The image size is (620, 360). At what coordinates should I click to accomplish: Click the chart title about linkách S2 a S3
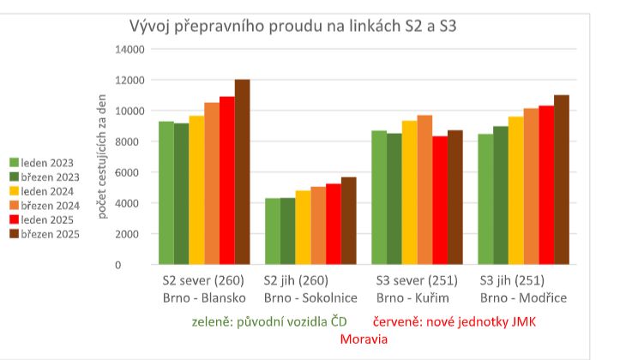[292, 25]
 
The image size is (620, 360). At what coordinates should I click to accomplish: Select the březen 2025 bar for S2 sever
[242, 171]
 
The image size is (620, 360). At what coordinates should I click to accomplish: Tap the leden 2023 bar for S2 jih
[272, 231]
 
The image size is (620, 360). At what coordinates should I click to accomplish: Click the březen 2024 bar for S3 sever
[424, 189]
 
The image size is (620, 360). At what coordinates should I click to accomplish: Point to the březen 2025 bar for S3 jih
[561, 179]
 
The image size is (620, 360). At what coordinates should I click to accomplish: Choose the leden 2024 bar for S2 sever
[196, 189]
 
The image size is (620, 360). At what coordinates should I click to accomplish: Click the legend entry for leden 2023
[47, 162]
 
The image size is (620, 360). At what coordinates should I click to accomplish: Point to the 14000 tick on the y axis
[129, 49]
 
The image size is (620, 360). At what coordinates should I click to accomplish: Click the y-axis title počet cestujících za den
[103, 156]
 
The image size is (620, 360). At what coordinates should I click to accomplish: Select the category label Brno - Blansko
[204, 297]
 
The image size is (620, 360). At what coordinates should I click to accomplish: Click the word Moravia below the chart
[364, 339]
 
